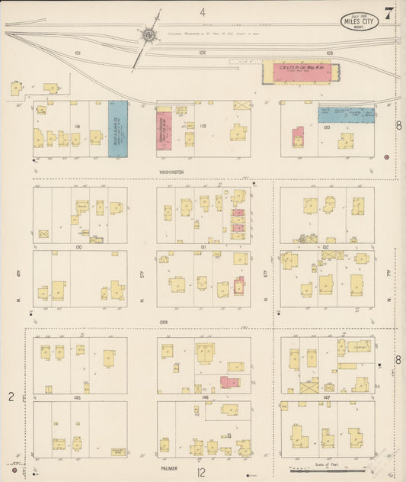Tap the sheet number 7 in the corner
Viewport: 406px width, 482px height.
click(389, 13)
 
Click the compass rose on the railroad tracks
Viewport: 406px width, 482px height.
click(148, 35)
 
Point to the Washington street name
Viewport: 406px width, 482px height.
click(171, 172)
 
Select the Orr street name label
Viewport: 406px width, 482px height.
click(164, 320)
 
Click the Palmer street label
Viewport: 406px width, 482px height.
click(170, 460)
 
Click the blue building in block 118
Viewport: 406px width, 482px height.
click(117, 129)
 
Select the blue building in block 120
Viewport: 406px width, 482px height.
click(347, 114)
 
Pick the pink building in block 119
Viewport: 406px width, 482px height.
click(164, 129)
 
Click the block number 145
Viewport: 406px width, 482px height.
click(78, 398)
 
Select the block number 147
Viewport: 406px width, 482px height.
click(328, 398)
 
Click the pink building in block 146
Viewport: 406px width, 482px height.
click(229, 381)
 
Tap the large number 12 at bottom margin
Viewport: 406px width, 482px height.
click(202, 472)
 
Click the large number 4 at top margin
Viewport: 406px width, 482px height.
click(203, 11)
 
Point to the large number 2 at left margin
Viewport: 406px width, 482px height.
click(11, 397)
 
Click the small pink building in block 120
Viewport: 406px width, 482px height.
click(298, 138)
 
